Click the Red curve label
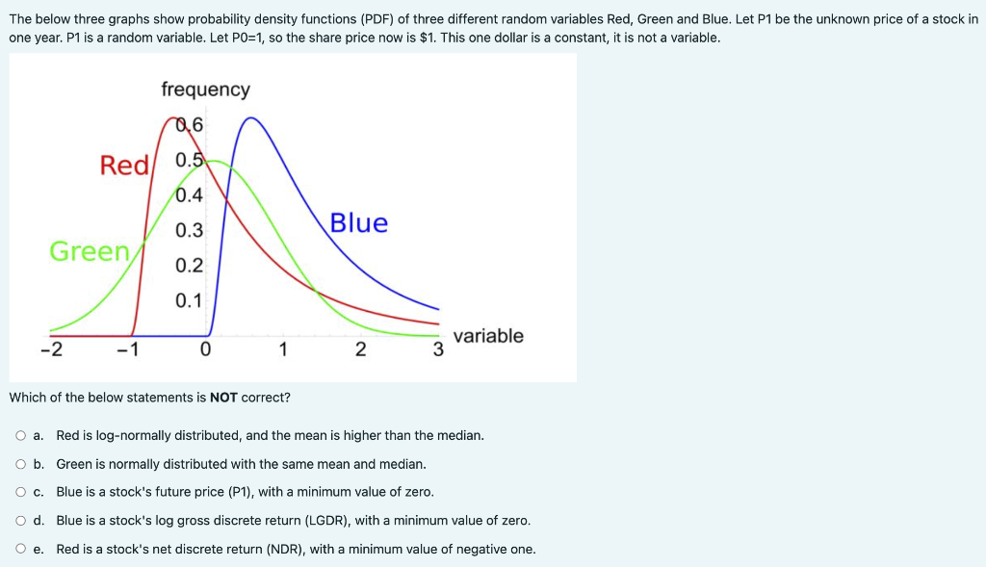pyautogui.click(x=124, y=166)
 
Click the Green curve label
pyautogui.click(x=90, y=251)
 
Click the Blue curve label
pyautogui.click(x=358, y=223)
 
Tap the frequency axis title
pyautogui.click(x=205, y=90)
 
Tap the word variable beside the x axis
pyautogui.click(x=488, y=336)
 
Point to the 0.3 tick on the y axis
pyautogui.click(x=190, y=231)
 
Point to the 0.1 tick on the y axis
pyautogui.click(x=190, y=300)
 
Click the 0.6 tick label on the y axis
pyautogui.click(x=190, y=125)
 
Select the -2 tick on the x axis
pyautogui.click(x=51, y=349)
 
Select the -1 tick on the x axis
pyautogui.click(x=127, y=349)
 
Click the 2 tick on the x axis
pyautogui.click(x=359, y=349)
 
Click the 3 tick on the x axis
pyautogui.click(x=437, y=349)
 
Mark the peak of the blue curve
pyautogui.click(x=251, y=117)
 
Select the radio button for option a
pyautogui.click(x=20, y=436)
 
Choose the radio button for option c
pyautogui.click(x=20, y=493)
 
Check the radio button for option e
pyautogui.click(x=20, y=550)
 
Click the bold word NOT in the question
pyautogui.click(x=223, y=398)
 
